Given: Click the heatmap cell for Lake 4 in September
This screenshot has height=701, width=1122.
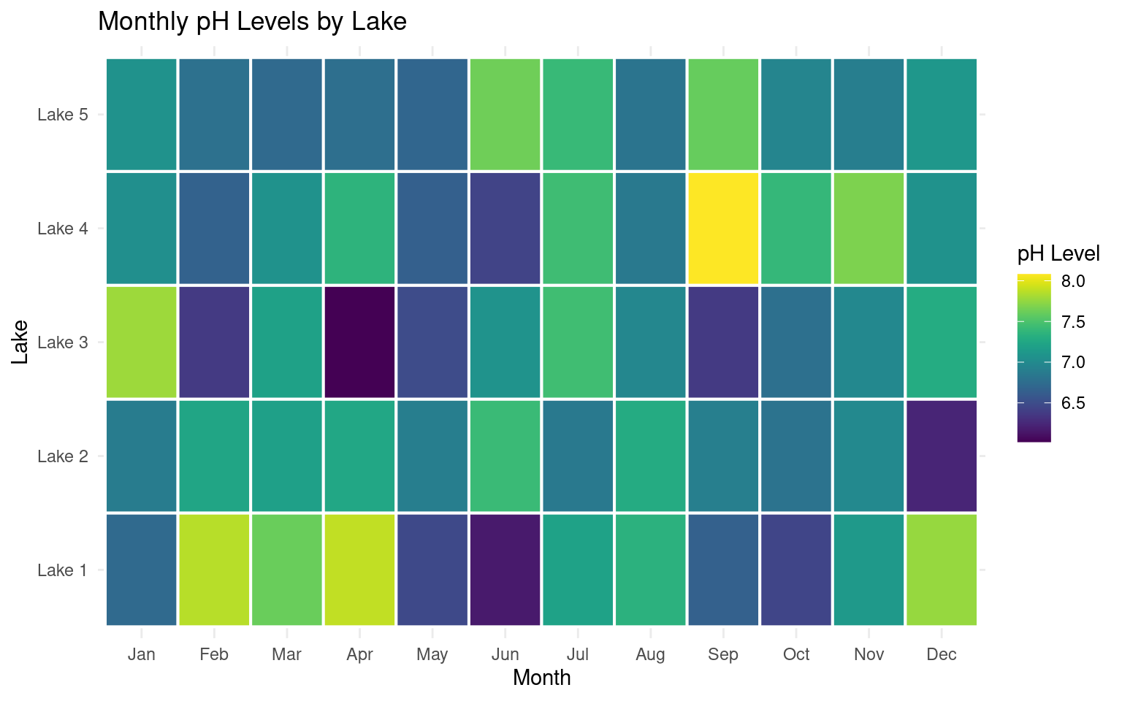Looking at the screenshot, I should [x=723, y=229].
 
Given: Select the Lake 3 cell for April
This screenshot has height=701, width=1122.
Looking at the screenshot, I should [x=359, y=342].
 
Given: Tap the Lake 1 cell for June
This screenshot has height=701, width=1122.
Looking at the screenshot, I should [x=505, y=570].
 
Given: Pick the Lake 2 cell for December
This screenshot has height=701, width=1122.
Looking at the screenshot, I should [x=942, y=456].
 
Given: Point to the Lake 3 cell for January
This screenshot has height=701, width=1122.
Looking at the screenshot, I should [x=142, y=342].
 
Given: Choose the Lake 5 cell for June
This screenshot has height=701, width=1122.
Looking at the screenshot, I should [x=505, y=115].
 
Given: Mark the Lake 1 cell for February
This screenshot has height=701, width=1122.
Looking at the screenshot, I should [x=214, y=570].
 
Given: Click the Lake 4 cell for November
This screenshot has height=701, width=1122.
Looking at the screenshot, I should [x=869, y=229].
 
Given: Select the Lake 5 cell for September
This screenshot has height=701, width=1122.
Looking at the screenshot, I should [x=723, y=115].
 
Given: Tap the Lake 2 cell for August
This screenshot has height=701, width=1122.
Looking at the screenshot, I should [x=650, y=456].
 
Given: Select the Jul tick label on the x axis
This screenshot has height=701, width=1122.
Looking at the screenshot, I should [x=578, y=654].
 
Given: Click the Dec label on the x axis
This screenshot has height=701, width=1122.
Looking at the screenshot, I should [x=942, y=654].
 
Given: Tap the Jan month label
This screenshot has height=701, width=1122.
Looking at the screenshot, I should [x=142, y=654].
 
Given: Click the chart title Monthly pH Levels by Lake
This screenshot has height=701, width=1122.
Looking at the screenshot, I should [x=252, y=21].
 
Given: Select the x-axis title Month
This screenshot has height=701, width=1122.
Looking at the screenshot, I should [x=541, y=678].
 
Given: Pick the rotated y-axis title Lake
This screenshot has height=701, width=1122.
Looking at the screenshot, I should [x=20, y=342].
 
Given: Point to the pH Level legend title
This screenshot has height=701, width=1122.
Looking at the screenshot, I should [x=1058, y=254].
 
